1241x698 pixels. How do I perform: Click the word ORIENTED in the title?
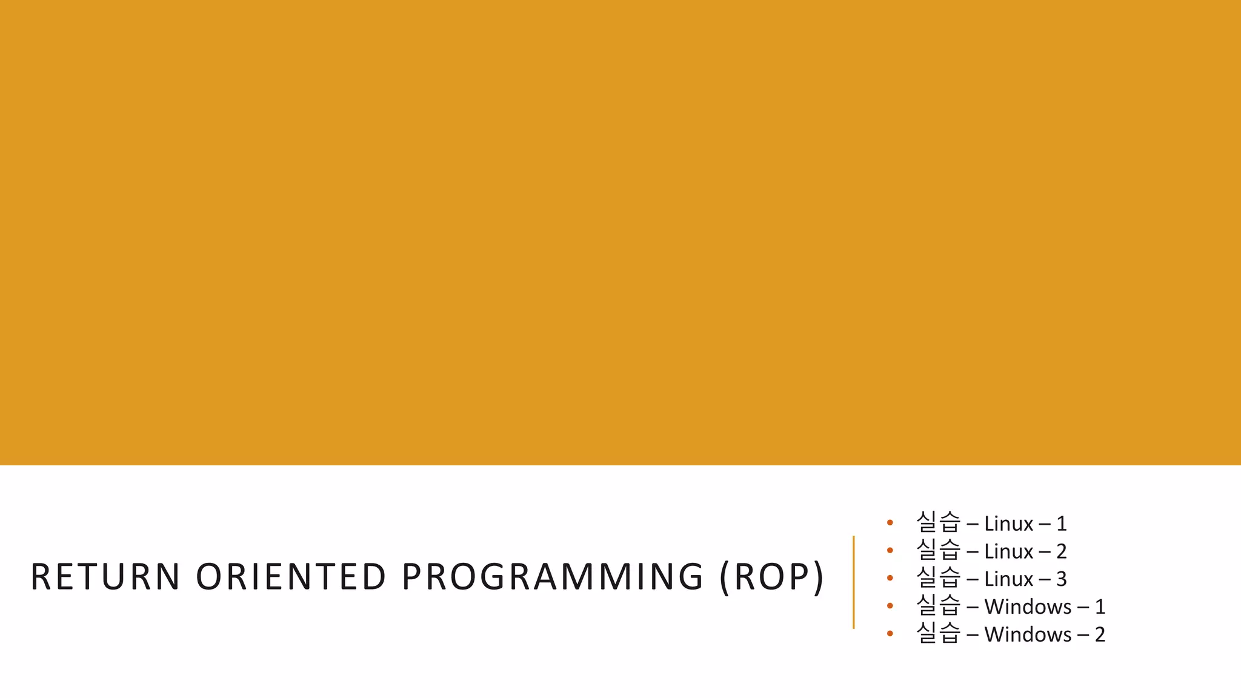291,576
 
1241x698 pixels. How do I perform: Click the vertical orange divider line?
853,582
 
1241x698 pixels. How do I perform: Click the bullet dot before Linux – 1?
890,523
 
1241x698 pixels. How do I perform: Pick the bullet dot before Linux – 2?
890,551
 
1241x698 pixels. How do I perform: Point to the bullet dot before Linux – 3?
890,579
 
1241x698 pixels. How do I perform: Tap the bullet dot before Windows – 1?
890,606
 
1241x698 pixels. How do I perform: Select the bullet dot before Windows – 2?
890,634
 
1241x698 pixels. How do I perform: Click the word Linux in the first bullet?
1008,523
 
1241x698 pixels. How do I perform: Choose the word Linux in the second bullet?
1008,551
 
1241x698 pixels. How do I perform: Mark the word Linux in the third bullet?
1008,579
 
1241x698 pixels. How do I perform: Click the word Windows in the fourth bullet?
1028,607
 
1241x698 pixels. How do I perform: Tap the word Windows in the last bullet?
1028,634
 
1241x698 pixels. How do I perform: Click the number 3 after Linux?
1061,579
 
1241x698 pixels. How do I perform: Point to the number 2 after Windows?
1100,634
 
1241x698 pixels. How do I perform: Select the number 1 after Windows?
1100,607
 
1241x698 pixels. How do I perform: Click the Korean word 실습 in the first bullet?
938,522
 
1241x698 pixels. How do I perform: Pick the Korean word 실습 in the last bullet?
938,633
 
